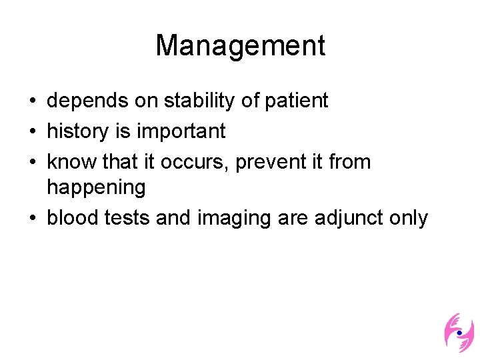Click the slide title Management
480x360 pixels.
pos(240,46)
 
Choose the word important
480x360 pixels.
pos(181,131)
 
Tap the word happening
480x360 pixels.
pos(96,188)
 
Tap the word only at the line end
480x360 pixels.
pos(409,218)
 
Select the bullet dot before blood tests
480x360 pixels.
pos(33,219)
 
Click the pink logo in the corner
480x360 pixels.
pos(459,333)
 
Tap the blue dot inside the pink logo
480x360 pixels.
pos(459,332)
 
